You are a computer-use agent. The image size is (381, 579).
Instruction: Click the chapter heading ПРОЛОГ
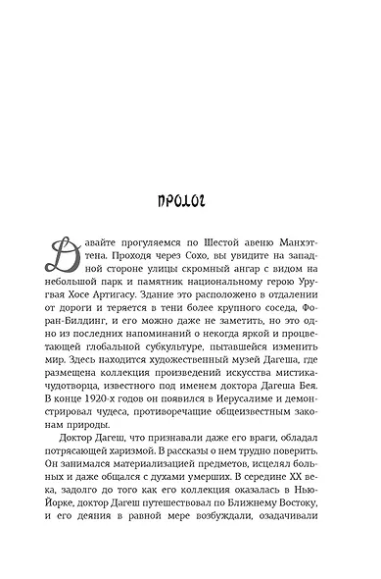(x=190, y=204)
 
